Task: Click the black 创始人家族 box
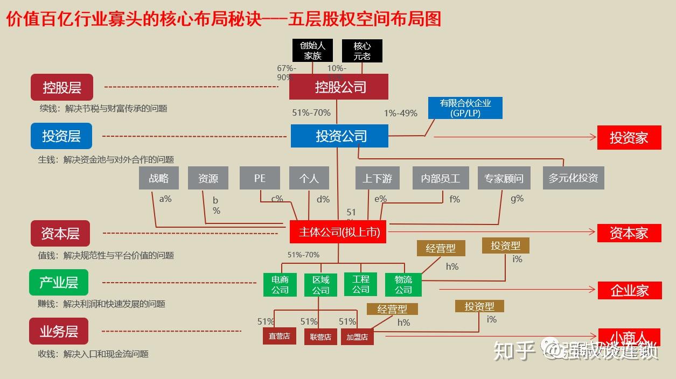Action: [x=312, y=50]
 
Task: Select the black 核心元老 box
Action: [x=362, y=51]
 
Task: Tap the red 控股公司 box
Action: [x=338, y=87]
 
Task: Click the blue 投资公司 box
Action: [x=339, y=136]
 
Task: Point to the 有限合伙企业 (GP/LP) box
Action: [x=465, y=108]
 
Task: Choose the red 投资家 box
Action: [x=629, y=138]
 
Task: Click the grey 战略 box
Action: [x=158, y=178]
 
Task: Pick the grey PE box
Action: [x=260, y=178]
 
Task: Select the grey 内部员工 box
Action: [x=440, y=178]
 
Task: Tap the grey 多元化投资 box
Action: [x=573, y=178]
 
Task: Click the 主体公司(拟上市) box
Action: [x=338, y=232]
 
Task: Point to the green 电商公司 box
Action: [x=280, y=285]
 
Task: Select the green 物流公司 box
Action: [x=403, y=285]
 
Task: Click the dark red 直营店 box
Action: [x=279, y=336]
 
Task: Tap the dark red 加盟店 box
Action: [x=357, y=337]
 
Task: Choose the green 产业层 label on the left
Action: [x=58, y=283]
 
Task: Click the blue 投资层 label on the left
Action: [x=61, y=136]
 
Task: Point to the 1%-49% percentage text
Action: [x=400, y=113]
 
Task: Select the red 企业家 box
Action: [x=629, y=291]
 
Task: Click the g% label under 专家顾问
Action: [x=517, y=199]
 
